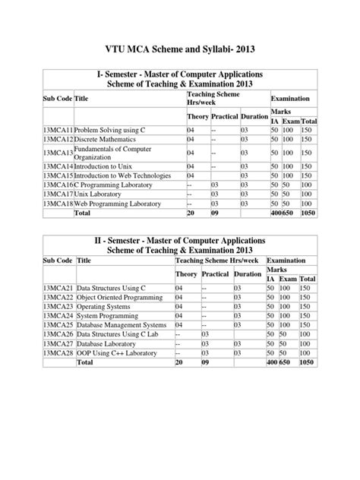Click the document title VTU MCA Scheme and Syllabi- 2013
coord(180,49)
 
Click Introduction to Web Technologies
coord(122,176)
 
